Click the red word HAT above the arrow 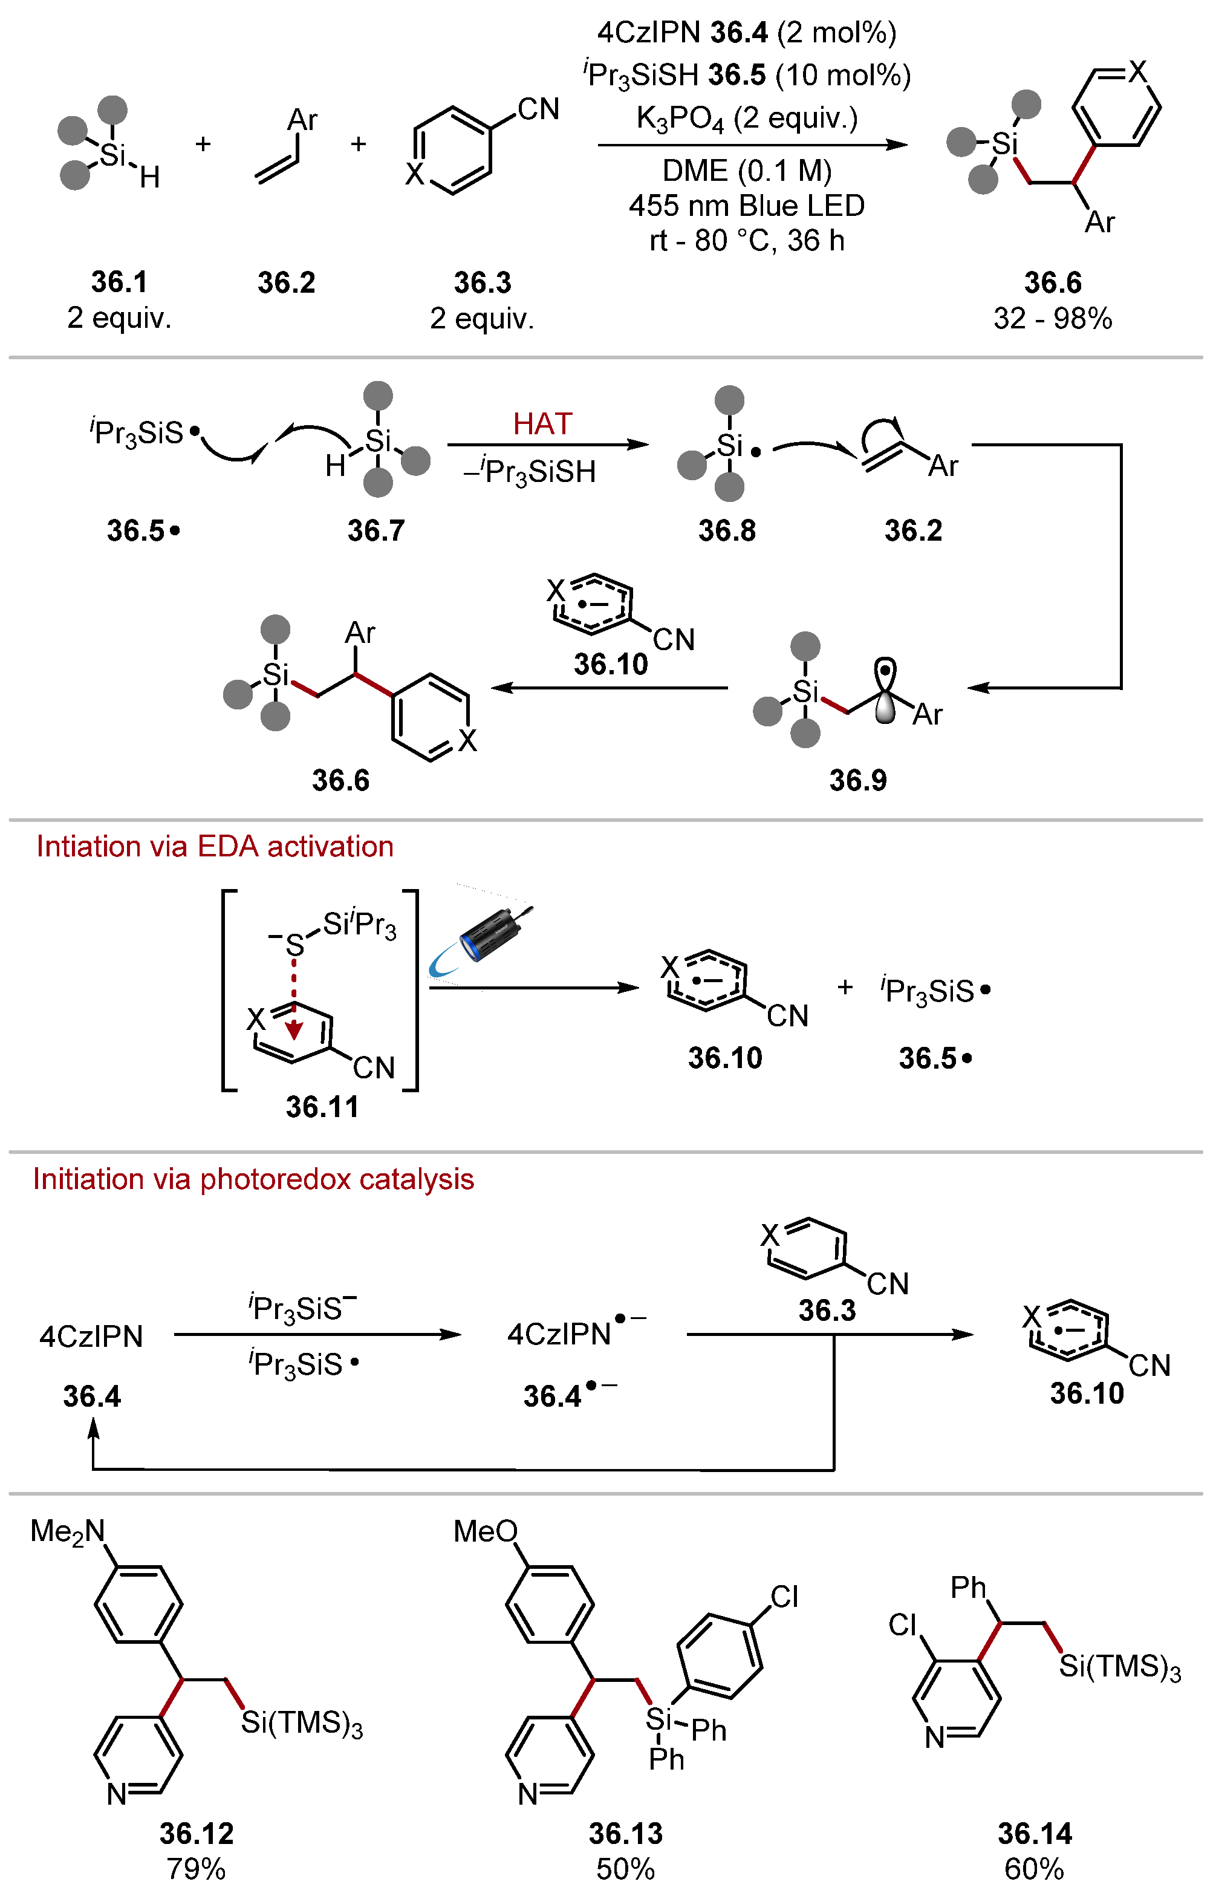[x=542, y=424]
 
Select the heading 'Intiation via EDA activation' [x=215, y=847]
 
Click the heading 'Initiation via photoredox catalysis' [x=253, y=1179]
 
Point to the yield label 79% [x=196, y=1869]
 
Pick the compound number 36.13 [x=625, y=1834]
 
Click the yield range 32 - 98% [x=1053, y=318]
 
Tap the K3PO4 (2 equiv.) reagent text [x=746, y=119]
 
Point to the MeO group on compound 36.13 [x=485, y=1531]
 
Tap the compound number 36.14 [x=1035, y=1834]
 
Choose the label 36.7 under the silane [x=376, y=530]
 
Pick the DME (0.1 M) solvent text [x=746, y=171]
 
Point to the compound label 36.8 [x=726, y=530]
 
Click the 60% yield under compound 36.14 [x=1033, y=1869]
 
